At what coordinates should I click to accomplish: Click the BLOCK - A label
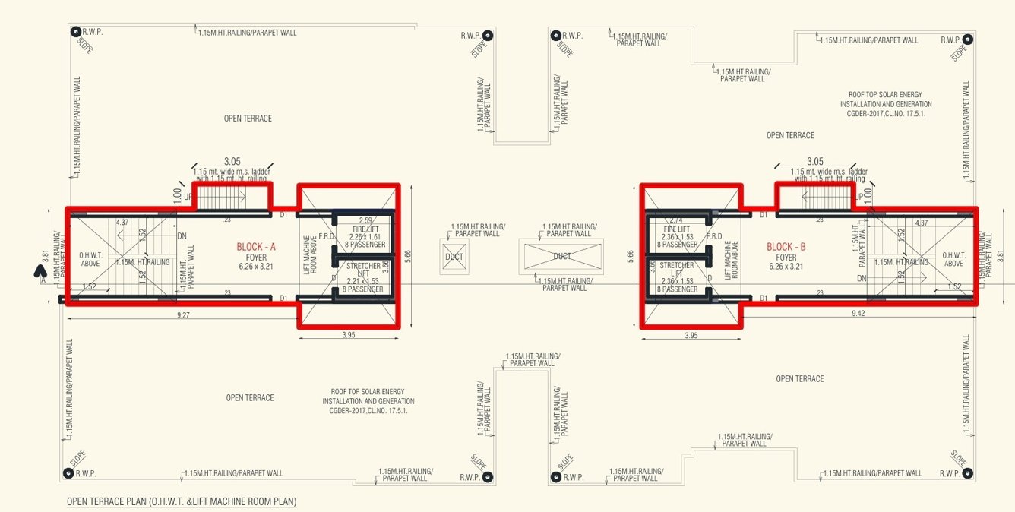point(256,247)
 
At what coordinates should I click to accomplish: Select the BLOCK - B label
point(786,247)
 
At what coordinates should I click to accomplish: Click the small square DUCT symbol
point(454,256)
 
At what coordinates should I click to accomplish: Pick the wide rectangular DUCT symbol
point(561,256)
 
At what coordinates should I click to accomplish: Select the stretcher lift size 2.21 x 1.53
point(364,281)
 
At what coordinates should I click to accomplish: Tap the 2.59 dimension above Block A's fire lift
point(364,221)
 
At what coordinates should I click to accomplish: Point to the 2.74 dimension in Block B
point(676,220)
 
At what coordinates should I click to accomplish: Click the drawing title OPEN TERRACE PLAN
point(182,501)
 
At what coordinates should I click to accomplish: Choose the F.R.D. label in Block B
point(714,236)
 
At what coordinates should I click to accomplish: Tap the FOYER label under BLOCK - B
point(786,258)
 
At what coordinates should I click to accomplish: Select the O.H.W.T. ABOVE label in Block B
point(953,259)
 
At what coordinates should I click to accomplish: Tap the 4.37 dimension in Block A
point(122,222)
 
